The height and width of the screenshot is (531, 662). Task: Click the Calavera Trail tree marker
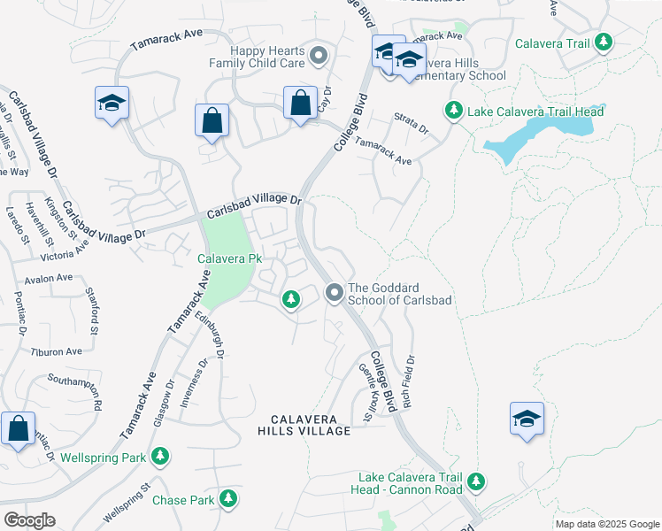tap(604, 42)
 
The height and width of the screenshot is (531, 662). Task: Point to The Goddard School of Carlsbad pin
tap(335, 292)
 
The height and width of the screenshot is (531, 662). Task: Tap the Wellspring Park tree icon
tap(159, 458)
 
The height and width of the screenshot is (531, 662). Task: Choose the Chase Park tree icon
tap(229, 500)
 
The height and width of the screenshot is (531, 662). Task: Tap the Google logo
tap(29, 520)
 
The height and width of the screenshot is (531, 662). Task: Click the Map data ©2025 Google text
tap(606, 524)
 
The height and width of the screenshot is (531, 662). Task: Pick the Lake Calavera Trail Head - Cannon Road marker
tap(477, 481)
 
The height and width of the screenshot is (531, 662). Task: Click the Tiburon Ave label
tap(57, 351)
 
